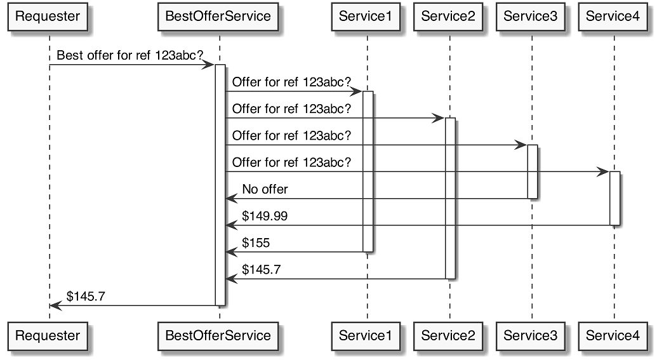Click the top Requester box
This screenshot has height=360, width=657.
(48, 17)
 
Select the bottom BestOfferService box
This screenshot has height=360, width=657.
(218, 335)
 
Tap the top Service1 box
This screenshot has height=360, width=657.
(366, 17)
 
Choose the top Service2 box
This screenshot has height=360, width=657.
(448, 17)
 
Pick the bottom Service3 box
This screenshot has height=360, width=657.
(531, 335)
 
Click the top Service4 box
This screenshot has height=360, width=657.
(613, 17)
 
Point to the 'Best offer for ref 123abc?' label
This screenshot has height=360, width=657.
(130, 55)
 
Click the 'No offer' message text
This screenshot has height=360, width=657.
(265, 189)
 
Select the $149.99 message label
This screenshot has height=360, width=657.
(265, 216)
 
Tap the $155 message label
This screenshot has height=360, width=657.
(256, 243)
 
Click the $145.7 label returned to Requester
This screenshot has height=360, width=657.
(86, 296)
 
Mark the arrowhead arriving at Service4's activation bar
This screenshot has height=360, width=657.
(604, 172)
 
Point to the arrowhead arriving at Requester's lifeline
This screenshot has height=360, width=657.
(55, 305)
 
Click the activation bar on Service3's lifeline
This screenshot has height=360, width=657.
(533, 171)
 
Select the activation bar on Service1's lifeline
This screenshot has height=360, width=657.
(368, 171)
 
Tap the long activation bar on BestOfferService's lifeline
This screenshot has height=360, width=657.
(220, 184)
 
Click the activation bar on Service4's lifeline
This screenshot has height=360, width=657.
(614, 198)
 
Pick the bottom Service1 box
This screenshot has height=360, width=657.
(366, 335)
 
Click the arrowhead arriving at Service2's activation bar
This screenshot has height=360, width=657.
(439, 119)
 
